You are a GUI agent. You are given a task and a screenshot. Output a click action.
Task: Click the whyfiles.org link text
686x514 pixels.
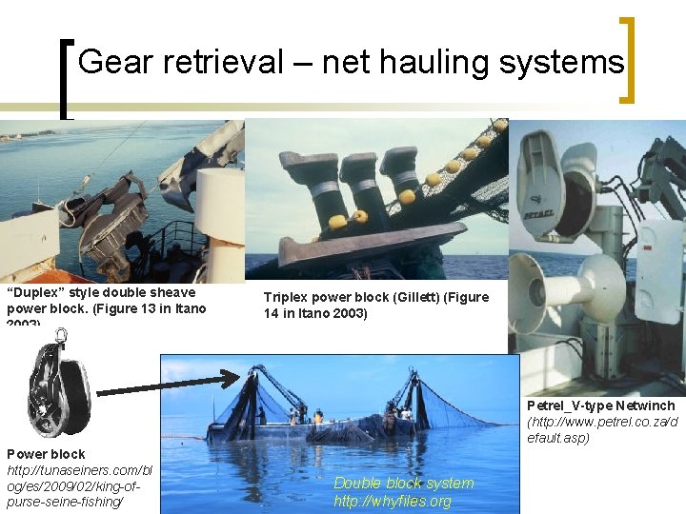click(393, 501)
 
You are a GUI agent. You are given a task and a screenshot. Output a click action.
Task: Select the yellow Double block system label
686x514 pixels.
click(403, 483)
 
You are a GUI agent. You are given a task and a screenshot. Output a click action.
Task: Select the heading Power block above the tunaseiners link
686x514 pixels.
click(46, 454)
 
